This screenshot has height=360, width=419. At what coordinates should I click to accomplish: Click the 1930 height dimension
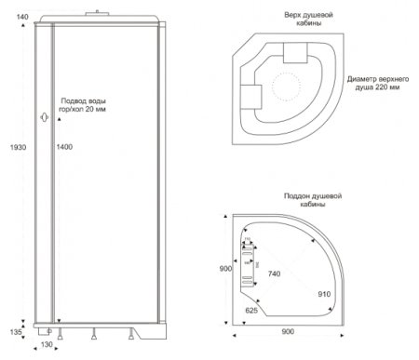(18, 147)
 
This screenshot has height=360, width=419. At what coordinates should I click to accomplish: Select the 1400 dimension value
(64, 147)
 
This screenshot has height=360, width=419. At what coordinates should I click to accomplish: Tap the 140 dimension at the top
(22, 17)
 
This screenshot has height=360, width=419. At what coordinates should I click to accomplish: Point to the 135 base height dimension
(16, 332)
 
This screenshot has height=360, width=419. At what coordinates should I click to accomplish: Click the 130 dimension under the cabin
(47, 344)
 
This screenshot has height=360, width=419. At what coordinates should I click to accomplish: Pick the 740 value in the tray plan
(274, 273)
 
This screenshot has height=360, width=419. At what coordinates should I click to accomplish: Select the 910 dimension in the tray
(324, 294)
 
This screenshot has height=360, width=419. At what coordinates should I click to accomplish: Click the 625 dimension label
(251, 310)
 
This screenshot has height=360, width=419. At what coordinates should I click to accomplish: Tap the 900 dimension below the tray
(288, 331)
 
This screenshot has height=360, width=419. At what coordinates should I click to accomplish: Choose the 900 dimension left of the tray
(225, 269)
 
